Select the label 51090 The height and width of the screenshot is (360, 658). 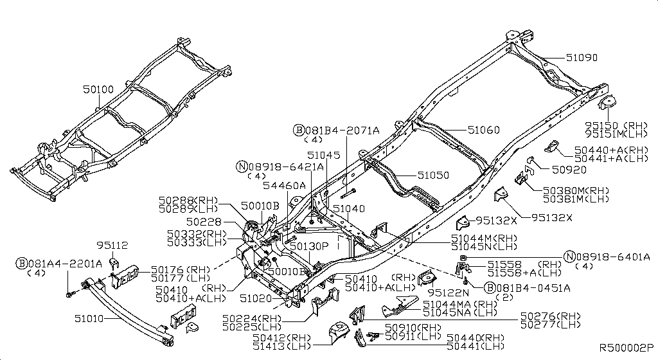tap(582, 57)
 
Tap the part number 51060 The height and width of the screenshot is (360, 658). tap(483, 129)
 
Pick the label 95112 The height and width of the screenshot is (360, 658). tap(112, 245)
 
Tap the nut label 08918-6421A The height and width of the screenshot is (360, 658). tap(283, 166)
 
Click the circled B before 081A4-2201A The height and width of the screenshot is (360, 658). tap(22, 263)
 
